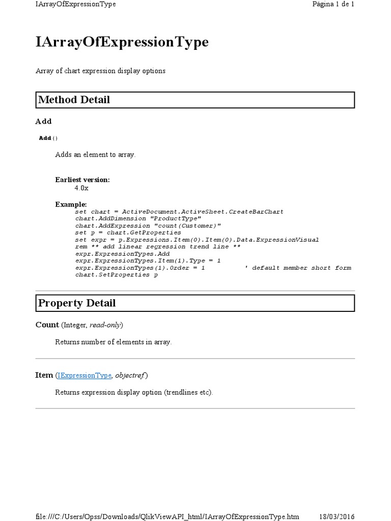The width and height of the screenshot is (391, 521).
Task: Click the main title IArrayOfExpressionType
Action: click(x=122, y=42)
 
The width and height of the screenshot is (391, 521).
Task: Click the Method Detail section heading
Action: click(x=74, y=100)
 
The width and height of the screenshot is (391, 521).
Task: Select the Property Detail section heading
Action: click(x=77, y=303)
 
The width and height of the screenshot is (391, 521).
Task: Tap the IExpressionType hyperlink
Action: click(x=84, y=375)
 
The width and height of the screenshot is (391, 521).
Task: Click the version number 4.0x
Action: click(x=81, y=188)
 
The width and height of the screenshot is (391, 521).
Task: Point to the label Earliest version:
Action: click(x=82, y=180)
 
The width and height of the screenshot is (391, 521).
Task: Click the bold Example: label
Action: click(x=71, y=204)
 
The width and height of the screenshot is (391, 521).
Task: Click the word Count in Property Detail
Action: click(x=47, y=325)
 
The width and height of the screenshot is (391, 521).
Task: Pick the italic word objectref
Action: click(x=130, y=375)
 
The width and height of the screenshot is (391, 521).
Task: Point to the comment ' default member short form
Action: click(x=297, y=268)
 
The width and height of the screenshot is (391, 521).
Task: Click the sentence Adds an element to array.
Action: click(x=95, y=154)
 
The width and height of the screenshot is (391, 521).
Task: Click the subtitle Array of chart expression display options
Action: click(x=100, y=71)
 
